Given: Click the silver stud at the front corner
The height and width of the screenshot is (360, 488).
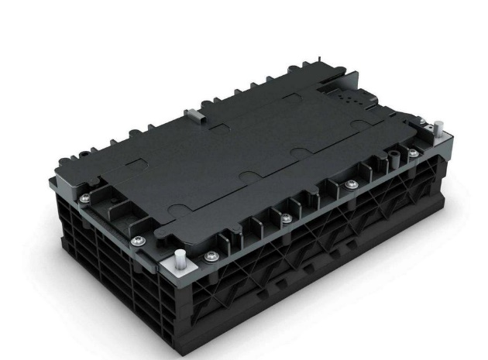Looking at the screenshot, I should [180, 257].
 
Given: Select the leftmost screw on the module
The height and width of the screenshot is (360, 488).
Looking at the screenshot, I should [84, 198].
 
